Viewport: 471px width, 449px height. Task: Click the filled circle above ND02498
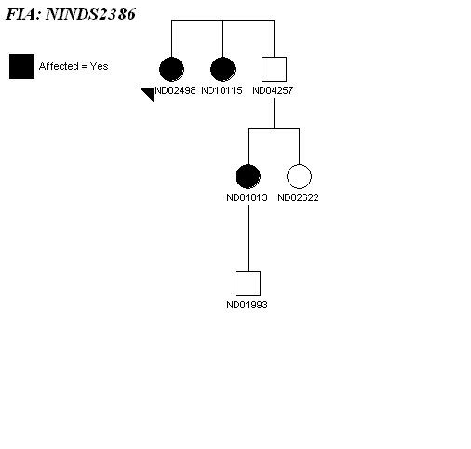point(171,69)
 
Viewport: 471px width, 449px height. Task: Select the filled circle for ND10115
point(222,69)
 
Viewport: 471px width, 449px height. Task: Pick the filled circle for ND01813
point(248,176)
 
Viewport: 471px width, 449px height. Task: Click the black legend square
point(21,66)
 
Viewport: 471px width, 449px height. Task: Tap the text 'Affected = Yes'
point(74,66)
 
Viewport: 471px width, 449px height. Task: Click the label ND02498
point(175,90)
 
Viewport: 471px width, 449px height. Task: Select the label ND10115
point(222,90)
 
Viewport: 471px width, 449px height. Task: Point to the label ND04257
point(273,90)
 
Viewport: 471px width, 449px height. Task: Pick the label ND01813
point(247,197)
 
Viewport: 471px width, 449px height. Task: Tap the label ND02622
point(298,197)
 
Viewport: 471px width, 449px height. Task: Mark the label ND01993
point(247,305)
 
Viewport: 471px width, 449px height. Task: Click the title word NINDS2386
point(90,14)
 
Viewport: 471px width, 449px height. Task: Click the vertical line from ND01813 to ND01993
point(248,238)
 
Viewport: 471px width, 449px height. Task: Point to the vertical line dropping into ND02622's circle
point(299,146)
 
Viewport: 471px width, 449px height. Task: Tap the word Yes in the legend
point(99,66)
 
